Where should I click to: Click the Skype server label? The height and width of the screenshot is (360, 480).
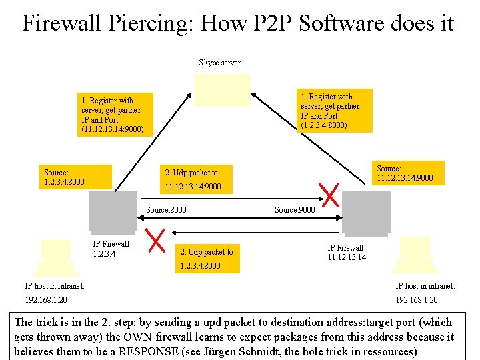click(219, 63)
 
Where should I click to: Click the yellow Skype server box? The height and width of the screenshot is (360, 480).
click(223, 90)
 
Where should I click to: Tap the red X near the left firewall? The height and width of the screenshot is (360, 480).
click(157, 241)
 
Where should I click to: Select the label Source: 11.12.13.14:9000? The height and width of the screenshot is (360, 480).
click(405, 173)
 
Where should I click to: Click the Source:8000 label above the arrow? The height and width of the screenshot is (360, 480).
click(166, 210)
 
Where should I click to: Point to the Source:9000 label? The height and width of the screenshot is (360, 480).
click(295, 210)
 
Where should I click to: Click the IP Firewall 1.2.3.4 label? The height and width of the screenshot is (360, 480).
click(111, 249)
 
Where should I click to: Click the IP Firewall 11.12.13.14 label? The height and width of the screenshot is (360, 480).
click(346, 252)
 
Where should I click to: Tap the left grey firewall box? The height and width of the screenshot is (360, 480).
click(113, 212)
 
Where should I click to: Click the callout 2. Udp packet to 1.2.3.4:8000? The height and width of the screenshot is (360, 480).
click(207, 259)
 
